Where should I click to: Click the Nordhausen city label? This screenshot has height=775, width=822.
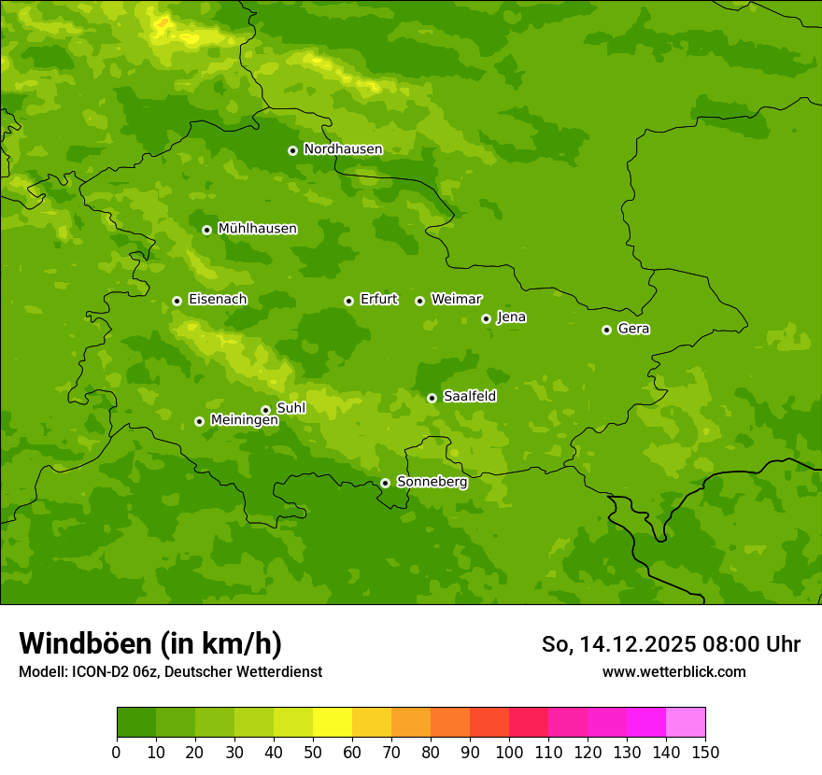(x=343, y=149)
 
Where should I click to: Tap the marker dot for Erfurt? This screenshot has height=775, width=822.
(x=348, y=301)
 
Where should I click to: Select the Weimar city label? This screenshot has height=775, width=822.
(x=456, y=299)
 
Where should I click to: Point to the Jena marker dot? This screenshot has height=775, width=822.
(x=486, y=318)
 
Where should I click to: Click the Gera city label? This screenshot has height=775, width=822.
(x=633, y=329)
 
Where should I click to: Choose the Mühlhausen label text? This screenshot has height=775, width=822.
(x=257, y=229)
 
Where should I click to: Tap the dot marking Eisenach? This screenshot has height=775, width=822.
(x=177, y=301)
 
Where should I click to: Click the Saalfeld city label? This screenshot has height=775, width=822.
(x=469, y=396)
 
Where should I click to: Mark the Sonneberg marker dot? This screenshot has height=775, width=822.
(x=385, y=483)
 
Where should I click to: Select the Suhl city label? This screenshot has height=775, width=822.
(x=291, y=408)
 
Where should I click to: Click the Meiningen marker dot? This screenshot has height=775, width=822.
(x=199, y=421)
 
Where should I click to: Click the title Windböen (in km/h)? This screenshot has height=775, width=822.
(x=150, y=643)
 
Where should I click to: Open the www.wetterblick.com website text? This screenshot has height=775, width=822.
(x=673, y=671)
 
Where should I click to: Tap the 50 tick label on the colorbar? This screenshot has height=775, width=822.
(x=313, y=752)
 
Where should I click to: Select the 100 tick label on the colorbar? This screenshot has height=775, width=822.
(x=509, y=752)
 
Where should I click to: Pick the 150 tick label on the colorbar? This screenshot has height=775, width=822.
(x=705, y=752)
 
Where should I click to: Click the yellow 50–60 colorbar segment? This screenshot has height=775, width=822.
(x=333, y=723)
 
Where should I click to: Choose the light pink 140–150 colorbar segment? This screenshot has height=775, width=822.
(x=686, y=723)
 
